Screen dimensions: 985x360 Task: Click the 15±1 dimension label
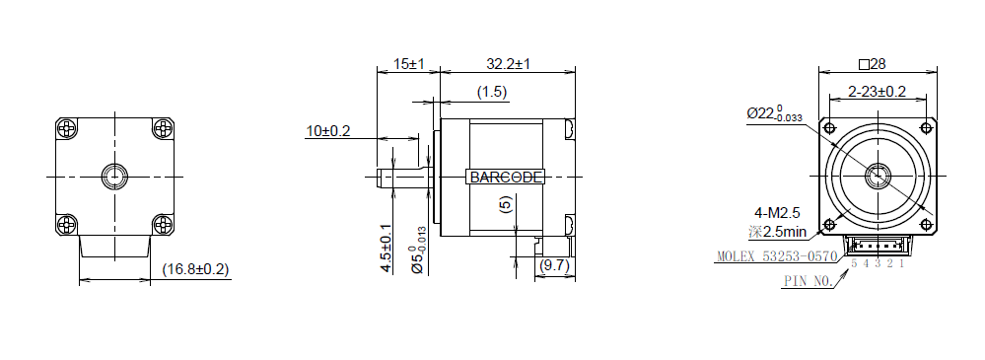point(409,63)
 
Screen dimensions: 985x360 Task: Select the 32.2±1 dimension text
point(508,63)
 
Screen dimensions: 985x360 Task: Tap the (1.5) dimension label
point(491,93)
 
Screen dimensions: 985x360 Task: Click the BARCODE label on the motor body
point(506,178)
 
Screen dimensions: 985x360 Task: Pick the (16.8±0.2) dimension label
point(195,269)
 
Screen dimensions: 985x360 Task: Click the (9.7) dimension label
point(554,265)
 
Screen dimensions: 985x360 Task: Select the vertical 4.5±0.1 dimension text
point(387,249)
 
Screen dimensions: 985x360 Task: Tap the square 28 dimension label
point(872,63)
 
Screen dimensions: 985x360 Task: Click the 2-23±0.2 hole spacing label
point(877,92)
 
